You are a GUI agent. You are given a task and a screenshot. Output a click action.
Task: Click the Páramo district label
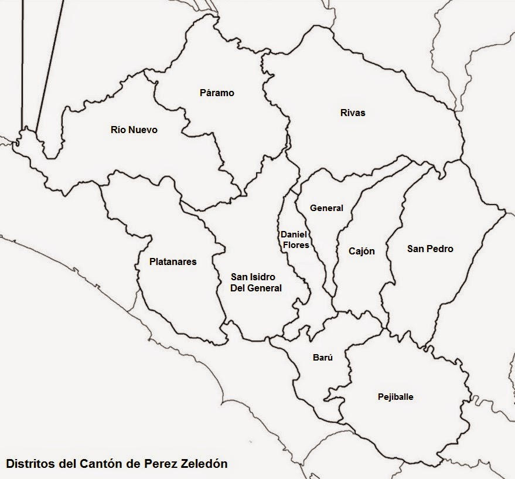coord(217,93)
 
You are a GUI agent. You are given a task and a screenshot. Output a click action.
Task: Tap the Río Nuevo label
coord(134,130)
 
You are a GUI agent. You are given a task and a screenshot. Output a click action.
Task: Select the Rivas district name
coord(353,113)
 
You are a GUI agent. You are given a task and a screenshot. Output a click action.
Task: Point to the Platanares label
coord(173,261)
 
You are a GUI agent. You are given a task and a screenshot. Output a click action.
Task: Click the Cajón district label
coord(361,251)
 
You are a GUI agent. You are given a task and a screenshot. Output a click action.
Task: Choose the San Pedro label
coord(430,249)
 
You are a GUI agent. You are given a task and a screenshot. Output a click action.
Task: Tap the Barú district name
coord(322,358)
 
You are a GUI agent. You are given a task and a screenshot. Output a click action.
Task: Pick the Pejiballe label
coord(395,397)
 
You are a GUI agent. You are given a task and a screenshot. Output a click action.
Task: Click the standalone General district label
coord(326,208)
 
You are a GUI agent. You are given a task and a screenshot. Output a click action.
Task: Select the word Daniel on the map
coord(294,235)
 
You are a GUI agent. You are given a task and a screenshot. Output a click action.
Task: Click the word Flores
coord(296,244)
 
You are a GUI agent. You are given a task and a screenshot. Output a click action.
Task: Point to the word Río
coord(118,130)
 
